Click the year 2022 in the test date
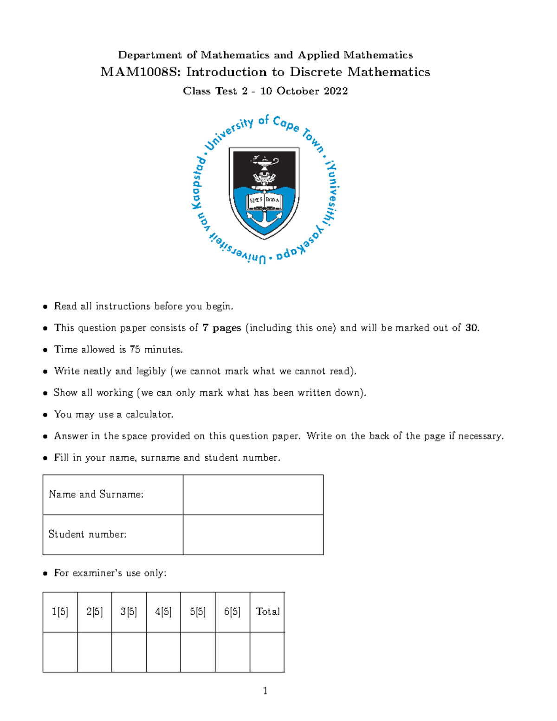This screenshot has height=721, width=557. click(336, 91)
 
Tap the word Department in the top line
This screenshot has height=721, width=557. click(149, 55)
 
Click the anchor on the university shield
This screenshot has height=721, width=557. click(264, 218)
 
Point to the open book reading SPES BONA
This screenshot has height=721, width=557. click(264, 200)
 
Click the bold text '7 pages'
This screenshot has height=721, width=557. click(222, 328)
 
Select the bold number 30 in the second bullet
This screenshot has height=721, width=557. click(471, 328)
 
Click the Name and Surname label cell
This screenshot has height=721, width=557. click(112, 494)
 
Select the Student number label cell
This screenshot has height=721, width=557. click(112, 534)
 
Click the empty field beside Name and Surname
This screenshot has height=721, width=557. click(253, 494)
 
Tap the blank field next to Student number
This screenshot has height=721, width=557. click(253, 534)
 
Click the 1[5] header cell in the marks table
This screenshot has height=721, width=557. click(60, 612)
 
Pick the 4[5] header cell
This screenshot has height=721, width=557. click(163, 612)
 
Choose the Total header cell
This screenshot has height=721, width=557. click(267, 612)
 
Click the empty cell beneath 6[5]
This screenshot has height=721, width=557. click(232, 652)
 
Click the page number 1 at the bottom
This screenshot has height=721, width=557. click(265, 691)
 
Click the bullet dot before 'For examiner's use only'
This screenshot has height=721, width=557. click(45, 573)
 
